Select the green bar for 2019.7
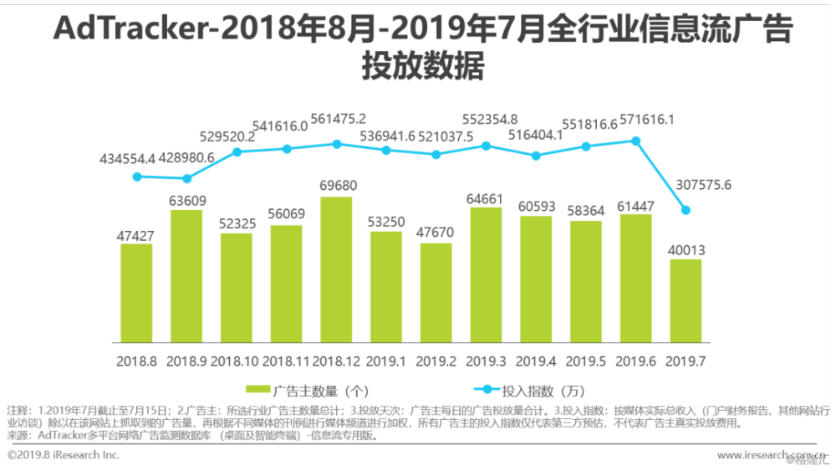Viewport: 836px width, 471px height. pyautogui.click(x=686, y=300)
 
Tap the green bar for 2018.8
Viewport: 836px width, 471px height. pyautogui.click(x=136, y=293)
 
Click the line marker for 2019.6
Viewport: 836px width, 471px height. pyautogui.click(x=635, y=141)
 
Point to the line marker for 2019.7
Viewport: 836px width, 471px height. pyautogui.click(x=686, y=210)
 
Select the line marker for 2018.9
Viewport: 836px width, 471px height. pyautogui.click(x=186, y=178)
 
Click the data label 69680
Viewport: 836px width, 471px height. pyautogui.click(x=336, y=184)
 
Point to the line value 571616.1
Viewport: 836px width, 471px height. pyautogui.click(x=645, y=120)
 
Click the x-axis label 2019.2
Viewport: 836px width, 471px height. pyautogui.click(x=436, y=361)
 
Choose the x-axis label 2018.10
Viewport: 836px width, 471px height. pyautogui.click(x=235, y=361)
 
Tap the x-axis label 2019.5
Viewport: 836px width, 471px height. pyautogui.click(x=585, y=361)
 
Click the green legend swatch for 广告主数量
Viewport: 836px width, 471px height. pyautogui.click(x=258, y=391)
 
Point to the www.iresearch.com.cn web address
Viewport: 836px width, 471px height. pyautogui.click(x=765, y=455)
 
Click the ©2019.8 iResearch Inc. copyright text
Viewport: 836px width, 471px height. pyautogui.click(x=64, y=455)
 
